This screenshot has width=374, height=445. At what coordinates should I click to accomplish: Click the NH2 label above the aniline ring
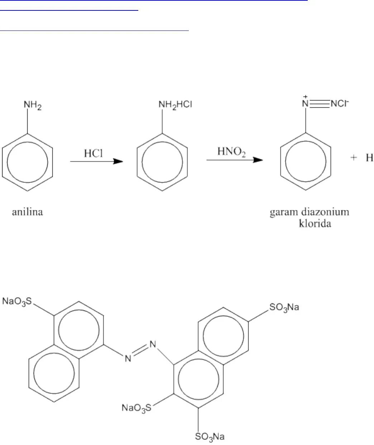tap(33, 106)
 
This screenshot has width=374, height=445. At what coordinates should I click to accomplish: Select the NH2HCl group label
tap(176, 104)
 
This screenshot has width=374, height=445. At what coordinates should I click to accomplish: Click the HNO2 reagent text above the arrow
tap(232, 152)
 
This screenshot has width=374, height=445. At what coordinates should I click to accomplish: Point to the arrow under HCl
tap(96, 161)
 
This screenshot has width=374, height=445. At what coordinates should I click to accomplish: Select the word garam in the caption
tap(283, 212)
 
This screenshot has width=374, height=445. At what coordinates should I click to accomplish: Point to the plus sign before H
tap(354, 158)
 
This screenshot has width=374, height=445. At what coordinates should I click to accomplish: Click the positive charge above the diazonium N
tap(305, 97)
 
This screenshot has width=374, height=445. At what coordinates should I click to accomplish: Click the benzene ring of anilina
tap(28, 161)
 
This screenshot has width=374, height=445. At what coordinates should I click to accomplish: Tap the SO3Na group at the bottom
tap(210, 436)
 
